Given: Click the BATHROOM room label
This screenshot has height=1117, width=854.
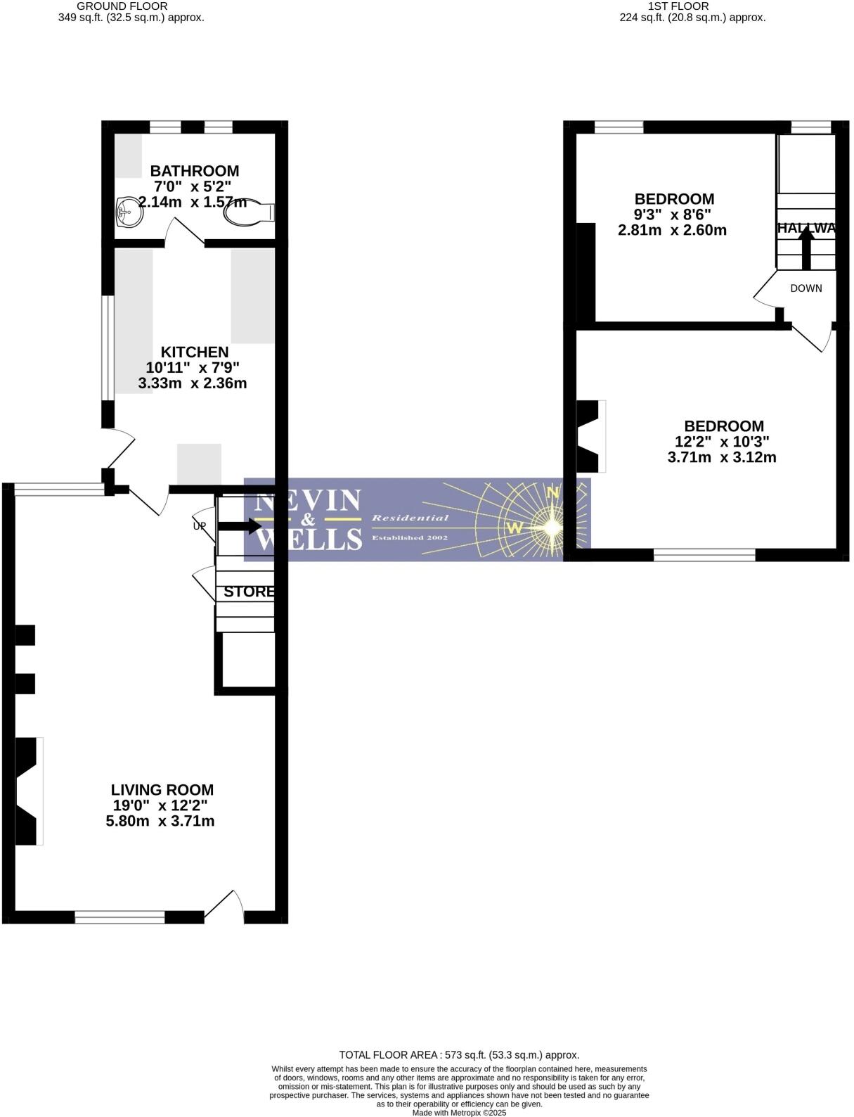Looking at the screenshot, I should point(194,171).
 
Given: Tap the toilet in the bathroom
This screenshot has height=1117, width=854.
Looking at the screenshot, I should point(249,213).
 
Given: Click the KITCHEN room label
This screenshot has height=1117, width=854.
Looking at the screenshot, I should point(194,352).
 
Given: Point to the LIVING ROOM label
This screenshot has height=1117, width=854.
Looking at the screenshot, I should point(162,790).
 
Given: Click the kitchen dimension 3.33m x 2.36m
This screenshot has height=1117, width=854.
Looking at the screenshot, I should point(192,383).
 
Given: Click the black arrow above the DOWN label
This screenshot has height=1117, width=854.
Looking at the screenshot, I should point(806,248).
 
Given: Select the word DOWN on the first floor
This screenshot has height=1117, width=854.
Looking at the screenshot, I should point(806,288).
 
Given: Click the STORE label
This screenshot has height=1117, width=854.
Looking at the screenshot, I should point(248,592).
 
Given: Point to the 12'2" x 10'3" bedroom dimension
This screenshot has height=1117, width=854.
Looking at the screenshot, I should point(722,442).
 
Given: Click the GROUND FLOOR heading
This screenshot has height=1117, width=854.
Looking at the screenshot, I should point(122,6).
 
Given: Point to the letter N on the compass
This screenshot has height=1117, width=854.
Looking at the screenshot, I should point(553,493).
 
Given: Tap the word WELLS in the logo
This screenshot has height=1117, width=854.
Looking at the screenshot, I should point(309,540).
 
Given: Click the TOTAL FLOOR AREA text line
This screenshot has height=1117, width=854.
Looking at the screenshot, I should point(459,1054).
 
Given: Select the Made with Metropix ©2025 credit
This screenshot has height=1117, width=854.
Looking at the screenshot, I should point(458,1112).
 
